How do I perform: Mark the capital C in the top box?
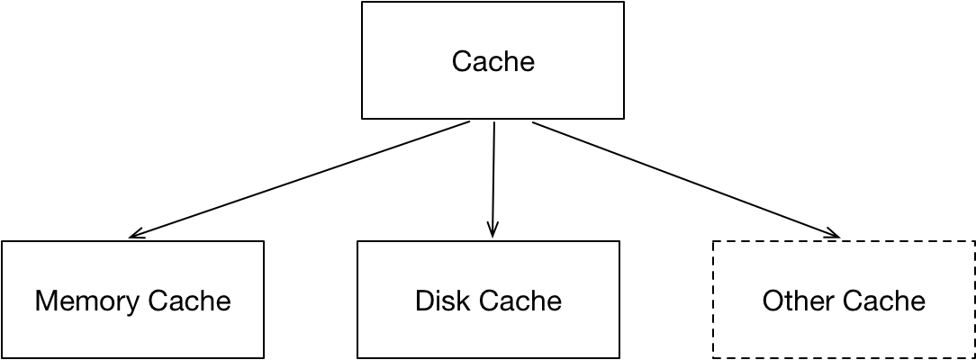460,62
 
